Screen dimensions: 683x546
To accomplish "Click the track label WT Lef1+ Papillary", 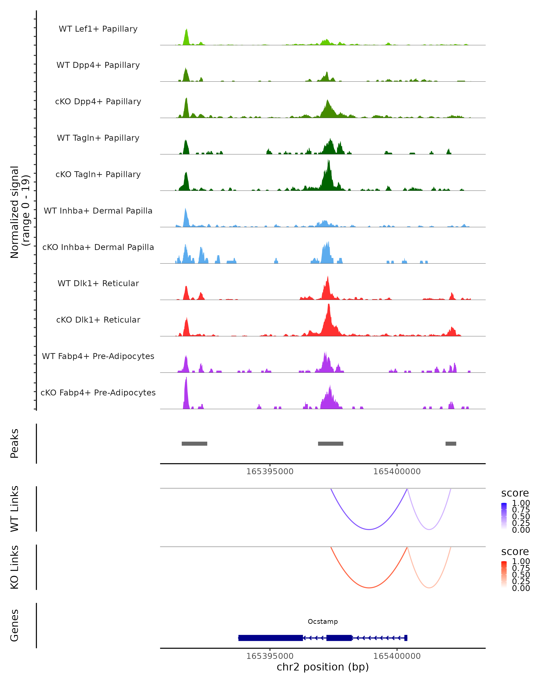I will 98,29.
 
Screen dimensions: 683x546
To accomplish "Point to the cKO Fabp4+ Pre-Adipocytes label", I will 98,392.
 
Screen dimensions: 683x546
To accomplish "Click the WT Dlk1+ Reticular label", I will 98,283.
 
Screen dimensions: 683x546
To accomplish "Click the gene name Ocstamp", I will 323,622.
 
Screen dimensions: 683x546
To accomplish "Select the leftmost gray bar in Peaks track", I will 194,443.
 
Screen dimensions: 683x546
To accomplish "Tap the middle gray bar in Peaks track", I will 331,443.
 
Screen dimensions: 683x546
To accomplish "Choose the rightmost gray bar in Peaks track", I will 451,443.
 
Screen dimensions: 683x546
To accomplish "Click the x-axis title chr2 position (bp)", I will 323,667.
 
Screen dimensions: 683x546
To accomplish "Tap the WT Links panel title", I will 15,508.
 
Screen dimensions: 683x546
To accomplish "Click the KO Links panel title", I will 15,567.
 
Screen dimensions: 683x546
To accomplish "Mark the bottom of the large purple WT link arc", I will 369,529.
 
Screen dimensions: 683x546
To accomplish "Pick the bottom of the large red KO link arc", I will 369,588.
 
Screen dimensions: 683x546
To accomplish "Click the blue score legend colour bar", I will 504,516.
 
